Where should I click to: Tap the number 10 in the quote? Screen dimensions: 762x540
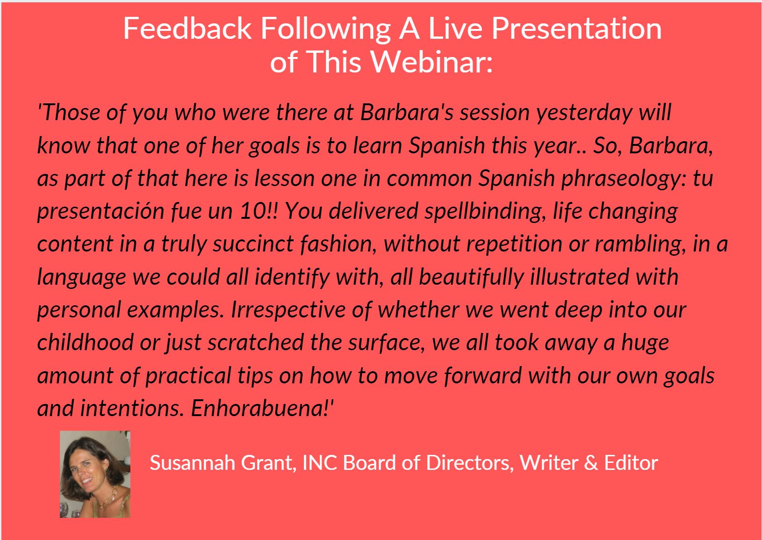click(253, 211)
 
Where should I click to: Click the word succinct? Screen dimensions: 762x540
click(253, 244)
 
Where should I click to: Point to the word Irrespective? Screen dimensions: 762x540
click(288, 310)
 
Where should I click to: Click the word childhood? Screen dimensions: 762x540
click(85, 342)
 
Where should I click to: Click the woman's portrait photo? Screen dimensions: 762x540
click(95, 474)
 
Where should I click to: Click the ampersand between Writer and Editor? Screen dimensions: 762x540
click(591, 463)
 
